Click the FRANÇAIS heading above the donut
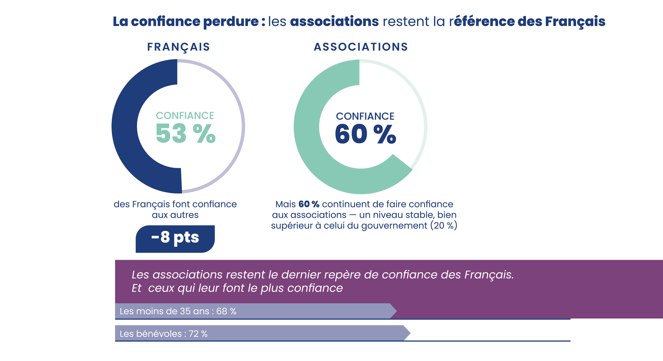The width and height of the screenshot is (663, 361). coord(179,47)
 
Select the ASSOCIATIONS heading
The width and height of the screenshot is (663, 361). coord(361,47)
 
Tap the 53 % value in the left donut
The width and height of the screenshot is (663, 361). coord(186,134)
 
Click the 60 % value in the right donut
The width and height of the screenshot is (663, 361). coord(365,134)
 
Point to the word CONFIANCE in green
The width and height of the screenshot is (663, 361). coord(185,115)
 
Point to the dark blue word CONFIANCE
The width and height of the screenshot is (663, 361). coord(365,116)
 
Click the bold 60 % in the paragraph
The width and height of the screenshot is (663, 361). coord(309,204)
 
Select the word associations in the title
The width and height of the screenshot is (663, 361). coord(334,22)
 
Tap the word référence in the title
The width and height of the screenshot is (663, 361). coord(481,22)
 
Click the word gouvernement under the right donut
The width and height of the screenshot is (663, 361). coord(394,226)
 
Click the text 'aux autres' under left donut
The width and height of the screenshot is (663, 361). coord(175,215)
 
